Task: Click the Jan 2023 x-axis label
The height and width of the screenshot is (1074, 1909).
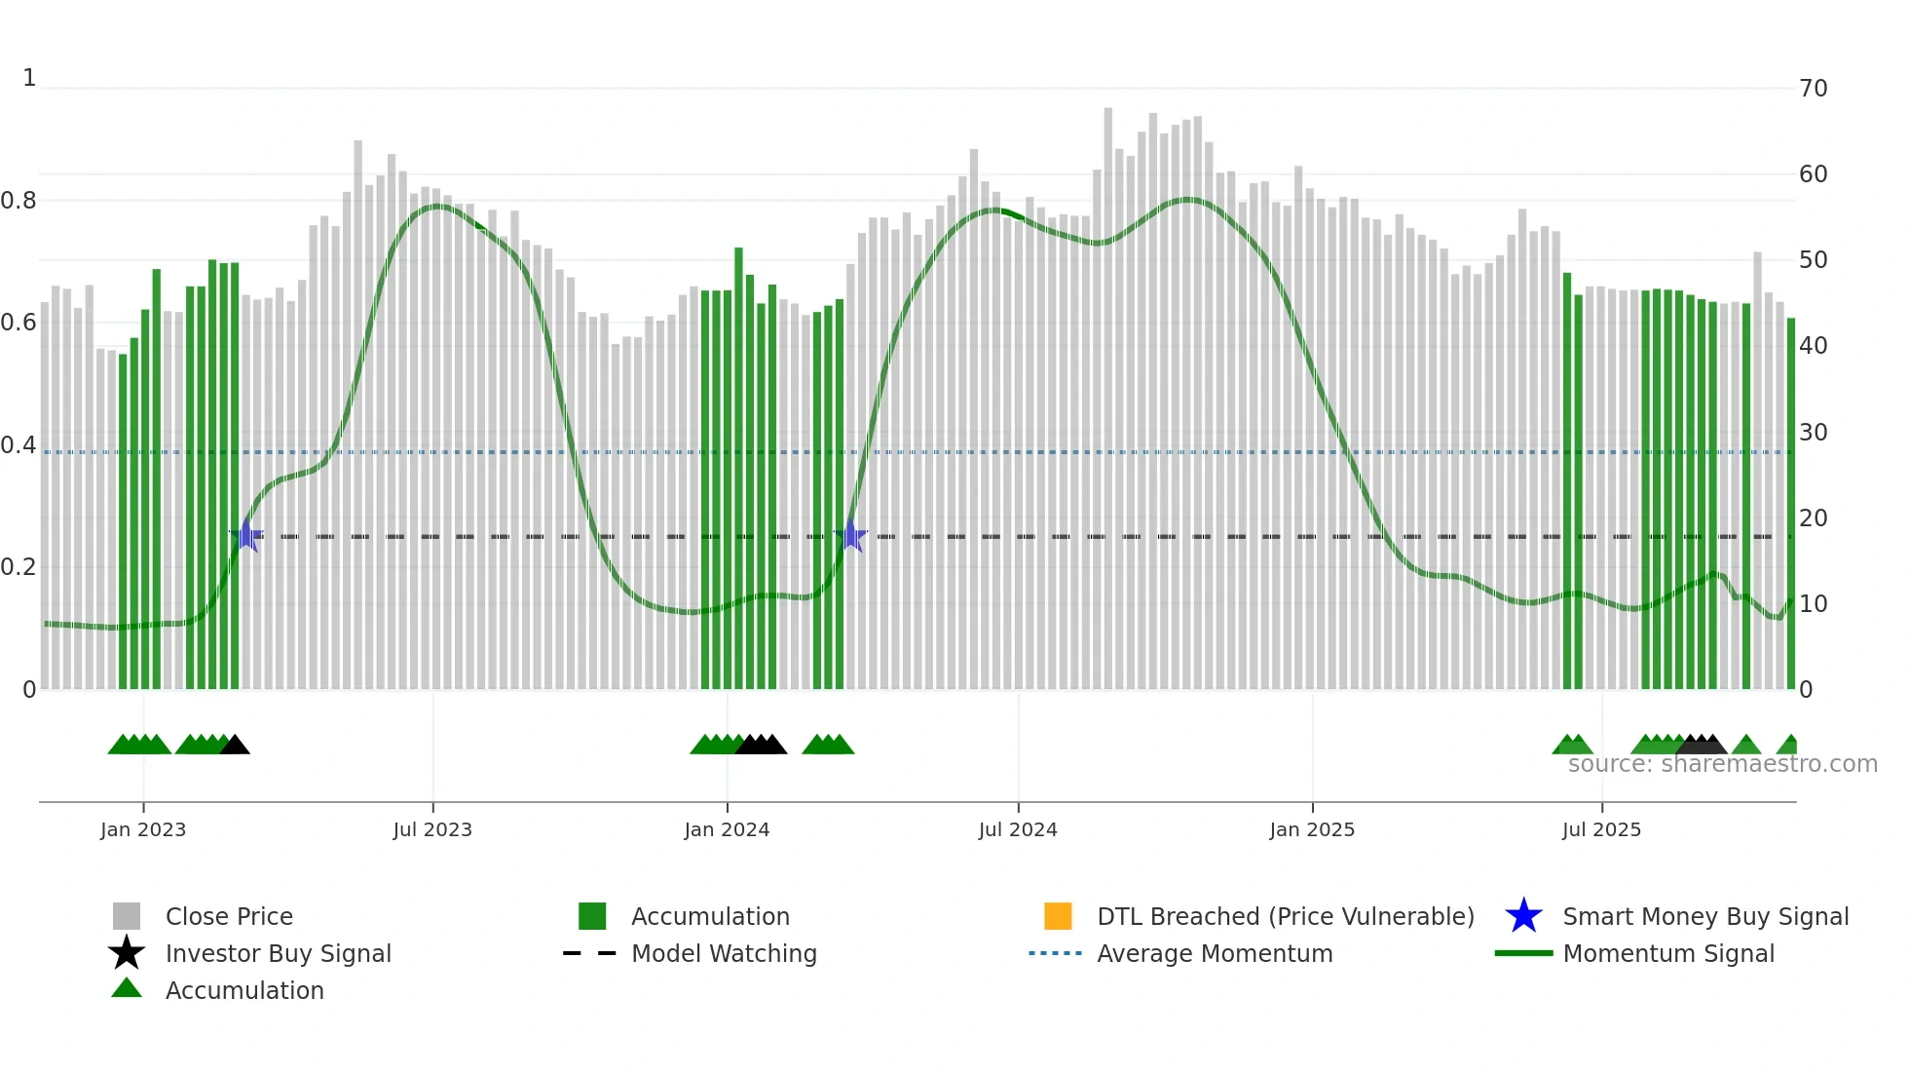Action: tap(143, 829)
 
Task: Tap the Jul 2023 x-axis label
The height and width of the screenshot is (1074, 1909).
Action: tap(432, 829)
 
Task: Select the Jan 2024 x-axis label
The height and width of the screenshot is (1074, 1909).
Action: tap(727, 829)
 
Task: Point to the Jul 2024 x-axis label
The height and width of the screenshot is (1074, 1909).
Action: tap(1018, 829)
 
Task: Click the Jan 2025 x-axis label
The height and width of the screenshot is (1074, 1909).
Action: tap(1312, 829)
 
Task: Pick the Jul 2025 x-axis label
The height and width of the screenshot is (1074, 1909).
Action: tap(1601, 829)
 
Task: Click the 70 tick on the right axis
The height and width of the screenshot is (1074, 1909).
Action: tap(1813, 89)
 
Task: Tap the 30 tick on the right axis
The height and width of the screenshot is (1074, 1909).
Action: tap(1813, 432)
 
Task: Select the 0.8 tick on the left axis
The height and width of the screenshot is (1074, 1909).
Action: tap(19, 201)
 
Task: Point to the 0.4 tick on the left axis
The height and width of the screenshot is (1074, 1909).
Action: tap(19, 445)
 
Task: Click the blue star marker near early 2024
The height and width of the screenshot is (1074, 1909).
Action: tap(851, 536)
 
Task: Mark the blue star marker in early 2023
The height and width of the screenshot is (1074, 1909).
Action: tap(247, 536)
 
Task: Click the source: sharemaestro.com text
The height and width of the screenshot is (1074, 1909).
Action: tap(1722, 764)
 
